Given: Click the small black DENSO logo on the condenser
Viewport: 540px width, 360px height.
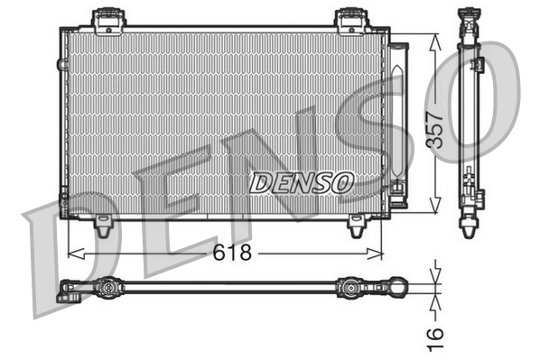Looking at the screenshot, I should [x=300, y=182].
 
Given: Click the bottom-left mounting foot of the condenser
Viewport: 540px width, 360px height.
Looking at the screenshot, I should [x=105, y=227].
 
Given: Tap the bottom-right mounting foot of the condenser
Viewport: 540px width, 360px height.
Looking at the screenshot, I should [x=358, y=227].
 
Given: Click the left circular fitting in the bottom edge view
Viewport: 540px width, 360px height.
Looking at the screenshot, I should [x=107, y=289].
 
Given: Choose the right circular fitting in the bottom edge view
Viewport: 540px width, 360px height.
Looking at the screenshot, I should [x=349, y=289].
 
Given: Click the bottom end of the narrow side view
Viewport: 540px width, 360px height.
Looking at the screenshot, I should [x=470, y=227].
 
